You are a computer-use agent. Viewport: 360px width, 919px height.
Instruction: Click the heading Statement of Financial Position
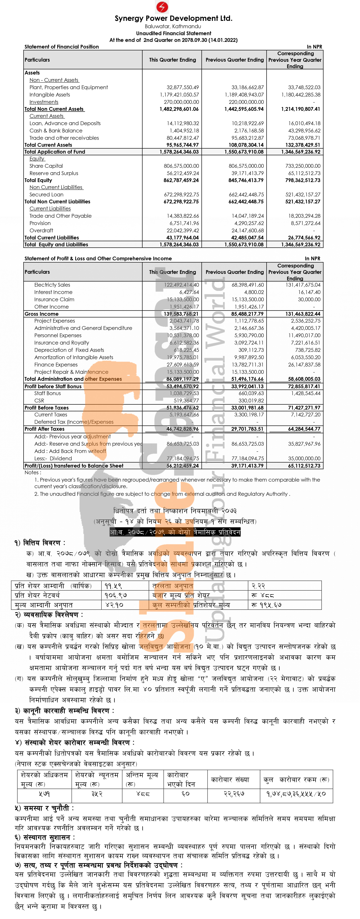coord(62,47)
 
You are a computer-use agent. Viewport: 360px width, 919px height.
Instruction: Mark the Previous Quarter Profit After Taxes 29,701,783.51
coord(247,429)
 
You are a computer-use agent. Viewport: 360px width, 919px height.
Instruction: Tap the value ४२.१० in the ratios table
coord(114,605)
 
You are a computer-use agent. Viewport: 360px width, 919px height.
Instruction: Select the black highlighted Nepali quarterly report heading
coord(175,532)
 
